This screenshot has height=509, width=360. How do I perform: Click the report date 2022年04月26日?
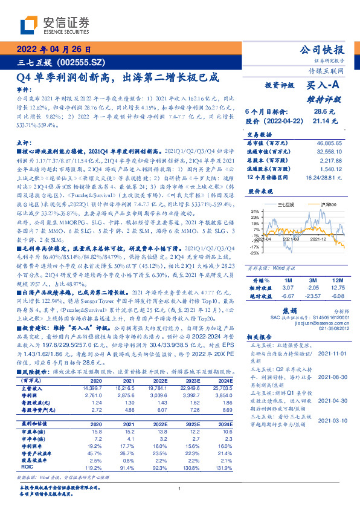pyautogui.click(x=54, y=49)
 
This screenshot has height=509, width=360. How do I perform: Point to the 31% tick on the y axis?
pyautogui.click(x=256, y=211)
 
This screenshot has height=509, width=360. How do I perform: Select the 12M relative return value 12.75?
pyautogui.click(x=339, y=288)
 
